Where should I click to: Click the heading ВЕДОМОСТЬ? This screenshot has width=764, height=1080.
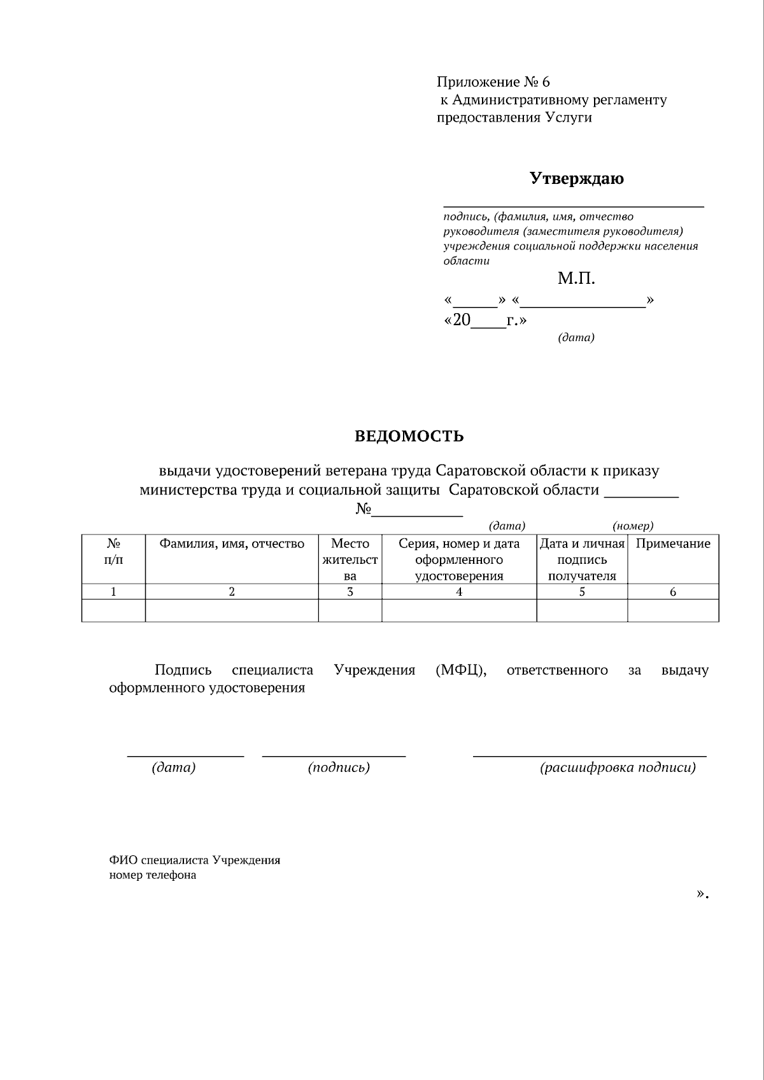tap(409, 437)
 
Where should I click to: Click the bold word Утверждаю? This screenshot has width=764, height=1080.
tap(576, 178)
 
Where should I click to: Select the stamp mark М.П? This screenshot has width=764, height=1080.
tap(576, 278)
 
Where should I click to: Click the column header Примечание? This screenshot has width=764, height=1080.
tap(673, 544)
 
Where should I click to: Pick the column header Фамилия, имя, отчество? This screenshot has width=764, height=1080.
tap(232, 544)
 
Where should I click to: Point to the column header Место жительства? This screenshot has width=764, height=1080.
tap(350, 559)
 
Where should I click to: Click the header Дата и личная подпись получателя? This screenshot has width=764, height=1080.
tap(582, 559)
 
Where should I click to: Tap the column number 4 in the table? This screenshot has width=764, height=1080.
tap(459, 592)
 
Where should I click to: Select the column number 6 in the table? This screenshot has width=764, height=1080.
tap(673, 592)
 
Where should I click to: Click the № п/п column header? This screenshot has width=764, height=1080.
tap(113, 551)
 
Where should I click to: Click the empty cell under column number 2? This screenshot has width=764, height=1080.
tap(232, 611)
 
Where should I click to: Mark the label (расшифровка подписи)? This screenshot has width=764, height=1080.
tap(618, 768)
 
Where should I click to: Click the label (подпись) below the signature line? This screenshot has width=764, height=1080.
tap(339, 768)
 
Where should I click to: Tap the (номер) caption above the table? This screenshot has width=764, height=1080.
tap(633, 526)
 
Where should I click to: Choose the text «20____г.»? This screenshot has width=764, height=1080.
tap(485, 320)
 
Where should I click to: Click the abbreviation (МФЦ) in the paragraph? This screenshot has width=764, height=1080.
tap(461, 670)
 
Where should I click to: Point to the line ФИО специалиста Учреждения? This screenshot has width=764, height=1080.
tap(194, 860)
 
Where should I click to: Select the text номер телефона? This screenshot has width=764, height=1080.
tap(153, 875)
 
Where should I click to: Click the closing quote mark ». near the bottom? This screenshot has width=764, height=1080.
tap(702, 894)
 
